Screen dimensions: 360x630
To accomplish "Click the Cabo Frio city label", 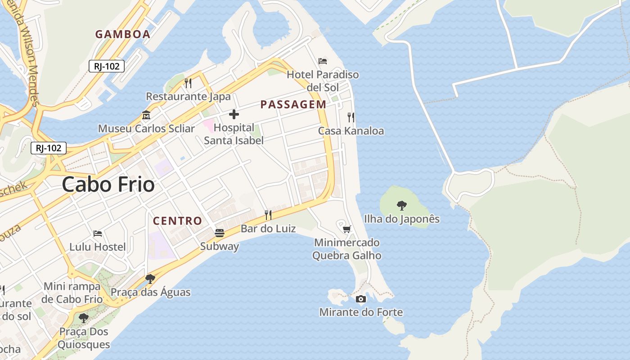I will click(108, 184).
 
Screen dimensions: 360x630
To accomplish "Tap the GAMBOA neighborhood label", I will click(122, 34).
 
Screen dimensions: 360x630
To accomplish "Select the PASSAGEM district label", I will click(293, 104).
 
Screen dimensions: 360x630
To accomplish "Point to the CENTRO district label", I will click(177, 221).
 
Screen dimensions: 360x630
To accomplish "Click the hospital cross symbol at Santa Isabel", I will click(234, 114).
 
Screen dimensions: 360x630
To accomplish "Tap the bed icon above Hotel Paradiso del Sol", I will click(323, 61).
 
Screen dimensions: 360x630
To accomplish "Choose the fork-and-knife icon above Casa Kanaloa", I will click(351, 117).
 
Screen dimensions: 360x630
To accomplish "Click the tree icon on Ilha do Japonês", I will click(402, 206).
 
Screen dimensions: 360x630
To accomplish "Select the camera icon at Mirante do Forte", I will click(360, 299).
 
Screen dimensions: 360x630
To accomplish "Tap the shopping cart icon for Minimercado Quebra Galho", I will click(346, 229).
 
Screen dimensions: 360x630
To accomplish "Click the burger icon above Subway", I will click(220, 233).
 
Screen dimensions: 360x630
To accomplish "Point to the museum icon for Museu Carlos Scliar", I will click(146, 115).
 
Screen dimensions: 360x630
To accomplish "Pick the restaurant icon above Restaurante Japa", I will click(188, 83).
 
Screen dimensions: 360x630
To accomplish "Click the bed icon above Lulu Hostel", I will click(98, 234).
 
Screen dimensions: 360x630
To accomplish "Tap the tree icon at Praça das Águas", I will click(150, 279).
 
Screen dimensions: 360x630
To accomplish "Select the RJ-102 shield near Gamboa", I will click(107, 67).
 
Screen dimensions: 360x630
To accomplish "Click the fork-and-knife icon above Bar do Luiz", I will click(268, 215).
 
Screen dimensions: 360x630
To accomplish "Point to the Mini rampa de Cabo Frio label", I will click(72, 292).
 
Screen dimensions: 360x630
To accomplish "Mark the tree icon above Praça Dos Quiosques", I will click(84, 318).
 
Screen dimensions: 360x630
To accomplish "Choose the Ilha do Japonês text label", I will click(401, 219).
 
